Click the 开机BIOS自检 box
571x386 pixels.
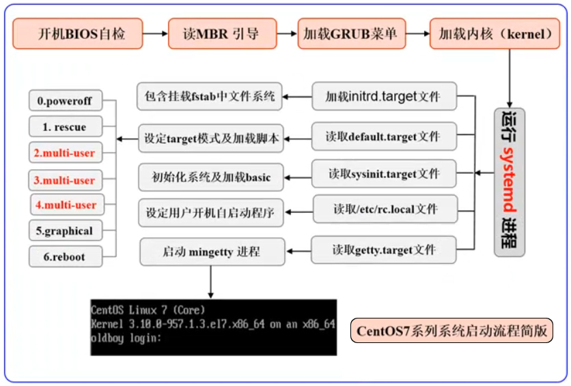(x=78, y=33)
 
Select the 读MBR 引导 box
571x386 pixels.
(x=222, y=33)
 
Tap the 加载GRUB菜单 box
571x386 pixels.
(x=352, y=33)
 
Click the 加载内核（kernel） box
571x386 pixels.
(x=495, y=33)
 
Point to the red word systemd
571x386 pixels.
(x=509, y=179)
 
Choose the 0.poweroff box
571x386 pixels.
(x=66, y=101)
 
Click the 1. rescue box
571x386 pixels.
(x=66, y=126)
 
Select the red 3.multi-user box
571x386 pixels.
(x=66, y=180)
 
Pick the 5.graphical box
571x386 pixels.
(x=66, y=231)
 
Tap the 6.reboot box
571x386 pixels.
(x=66, y=256)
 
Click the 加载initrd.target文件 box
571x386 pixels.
(x=384, y=96)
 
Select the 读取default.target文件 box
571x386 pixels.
(x=384, y=136)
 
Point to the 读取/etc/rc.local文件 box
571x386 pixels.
(x=385, y=209)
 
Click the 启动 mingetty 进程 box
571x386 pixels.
(x=212, y=252)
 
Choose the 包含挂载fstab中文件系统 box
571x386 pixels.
(x=210, y=96)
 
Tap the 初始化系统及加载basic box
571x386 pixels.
(x=211, y=177)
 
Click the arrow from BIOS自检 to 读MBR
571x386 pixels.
(x=155, y=33)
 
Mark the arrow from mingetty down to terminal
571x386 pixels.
(x=210, y=282)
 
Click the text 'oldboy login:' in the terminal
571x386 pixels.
(x=126, y=338)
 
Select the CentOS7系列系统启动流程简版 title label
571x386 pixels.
(x=451, y=331)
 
